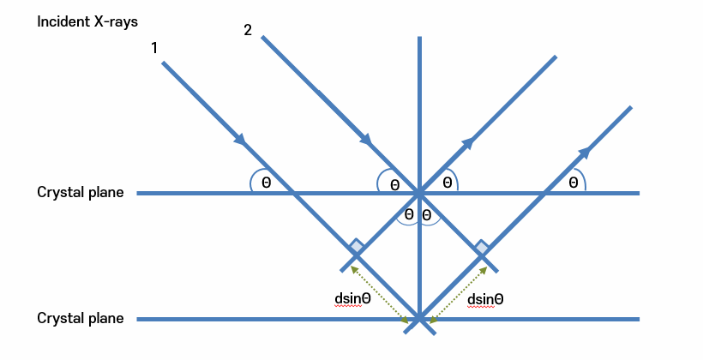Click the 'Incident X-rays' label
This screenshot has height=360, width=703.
[x=87, y=21]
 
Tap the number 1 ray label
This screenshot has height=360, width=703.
[x=154, y=48]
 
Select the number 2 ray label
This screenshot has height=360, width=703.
[x=248, y=30]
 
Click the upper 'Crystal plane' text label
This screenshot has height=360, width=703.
[x=81, y=193]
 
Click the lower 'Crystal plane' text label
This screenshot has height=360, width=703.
[x=81, y=319]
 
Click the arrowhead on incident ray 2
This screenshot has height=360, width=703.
[x=366, y=139]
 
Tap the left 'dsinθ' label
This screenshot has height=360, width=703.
[x=352, y=299]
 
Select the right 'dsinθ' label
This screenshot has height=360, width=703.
[x=485, y=299]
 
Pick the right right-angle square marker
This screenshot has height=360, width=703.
[x=481, y=248]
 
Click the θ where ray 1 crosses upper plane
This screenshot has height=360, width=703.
[x=266, y=183]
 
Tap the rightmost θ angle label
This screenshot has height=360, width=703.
[x=573, y=183]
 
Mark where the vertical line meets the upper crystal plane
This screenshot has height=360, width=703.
[x=419, y=193]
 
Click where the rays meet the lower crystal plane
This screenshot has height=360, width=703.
[x=419, y=320]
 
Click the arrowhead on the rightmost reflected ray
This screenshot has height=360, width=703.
[x=585, y=151]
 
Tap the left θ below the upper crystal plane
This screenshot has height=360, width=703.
[x=409, y=214]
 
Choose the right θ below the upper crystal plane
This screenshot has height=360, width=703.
[x=427, y=214]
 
